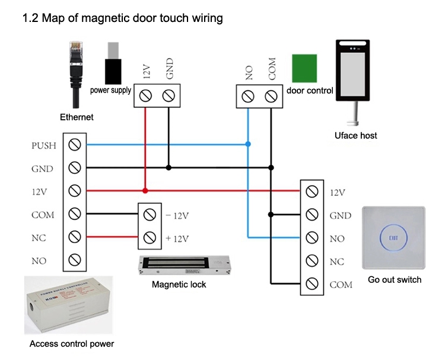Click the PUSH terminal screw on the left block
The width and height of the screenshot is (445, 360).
[x=75, y=144]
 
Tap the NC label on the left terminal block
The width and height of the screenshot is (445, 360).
[x=39, y=238]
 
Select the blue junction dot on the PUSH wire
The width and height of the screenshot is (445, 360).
[x=248, y=144]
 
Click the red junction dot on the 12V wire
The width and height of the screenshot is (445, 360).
[x=145, y=191]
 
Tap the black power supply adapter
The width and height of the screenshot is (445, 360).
[x=113, y=62]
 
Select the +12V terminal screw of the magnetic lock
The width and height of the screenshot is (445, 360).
[x=149, y=238]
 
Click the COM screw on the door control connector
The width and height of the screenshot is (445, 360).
[x=271, y=95]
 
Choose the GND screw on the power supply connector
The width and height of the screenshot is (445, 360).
[x=169, y=95]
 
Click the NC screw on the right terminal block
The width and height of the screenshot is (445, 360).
[x=312, y=261]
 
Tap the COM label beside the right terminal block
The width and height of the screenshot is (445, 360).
[x=341, y=285]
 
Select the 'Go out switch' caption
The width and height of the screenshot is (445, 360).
[x=395, y=280]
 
